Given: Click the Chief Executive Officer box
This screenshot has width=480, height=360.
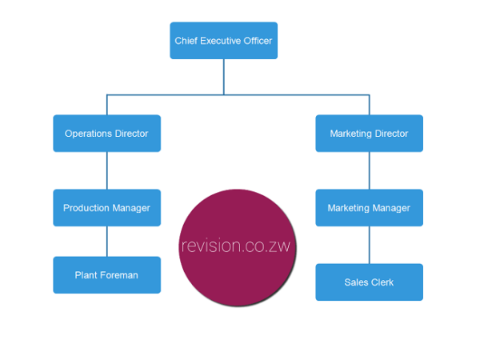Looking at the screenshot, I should pos(223,40).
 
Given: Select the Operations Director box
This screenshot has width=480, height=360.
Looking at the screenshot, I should pos(106,134).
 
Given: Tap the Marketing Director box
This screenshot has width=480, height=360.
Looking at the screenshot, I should pos(369,134).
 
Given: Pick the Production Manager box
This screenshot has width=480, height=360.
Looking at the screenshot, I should pos(106,208).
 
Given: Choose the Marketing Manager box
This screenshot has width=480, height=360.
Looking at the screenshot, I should pos(369,208).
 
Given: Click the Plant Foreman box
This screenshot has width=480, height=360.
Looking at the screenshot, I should pos(106,275).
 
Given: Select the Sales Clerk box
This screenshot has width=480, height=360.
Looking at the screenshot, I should pos(369,282).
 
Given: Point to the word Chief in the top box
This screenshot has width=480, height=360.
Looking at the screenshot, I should pos(186,40).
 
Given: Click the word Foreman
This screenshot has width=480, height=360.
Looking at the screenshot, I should pos(119,275).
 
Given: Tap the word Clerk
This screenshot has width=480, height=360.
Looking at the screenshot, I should pos(382,282).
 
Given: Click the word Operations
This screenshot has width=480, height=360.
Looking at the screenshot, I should pos(87,134).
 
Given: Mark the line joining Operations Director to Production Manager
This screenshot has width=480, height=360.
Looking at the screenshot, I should pos(107,170).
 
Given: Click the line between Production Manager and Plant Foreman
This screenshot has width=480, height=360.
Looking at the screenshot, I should pos(107,242).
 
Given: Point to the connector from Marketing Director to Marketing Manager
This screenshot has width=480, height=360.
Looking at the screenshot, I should pos(370,170).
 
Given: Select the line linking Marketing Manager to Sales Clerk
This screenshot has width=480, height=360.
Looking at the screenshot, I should pos(370,245).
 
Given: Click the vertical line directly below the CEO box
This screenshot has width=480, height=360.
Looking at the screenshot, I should pos(224,77).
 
